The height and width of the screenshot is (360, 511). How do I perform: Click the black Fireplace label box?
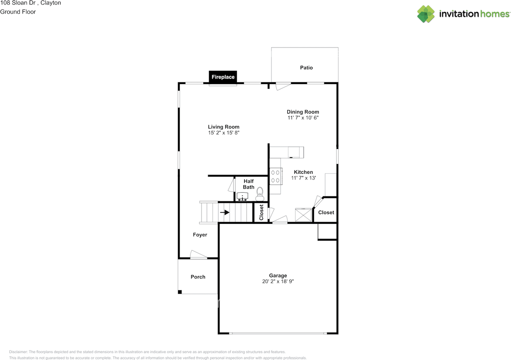[x=223, y=77]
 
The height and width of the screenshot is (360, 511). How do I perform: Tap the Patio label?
[x=306, y=68]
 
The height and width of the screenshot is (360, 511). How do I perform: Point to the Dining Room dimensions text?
[x=303, y=118]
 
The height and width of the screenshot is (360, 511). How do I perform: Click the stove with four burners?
[x=275, y=176]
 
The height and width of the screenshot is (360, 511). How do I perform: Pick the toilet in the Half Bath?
[x=260, y=194]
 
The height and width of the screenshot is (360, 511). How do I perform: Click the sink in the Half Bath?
[x=242, y=197]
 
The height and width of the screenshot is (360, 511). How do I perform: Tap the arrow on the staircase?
[x=225, y=212]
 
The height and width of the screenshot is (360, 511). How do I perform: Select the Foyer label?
[x=200, y=235]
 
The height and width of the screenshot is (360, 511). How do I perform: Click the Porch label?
[x=198, y=277]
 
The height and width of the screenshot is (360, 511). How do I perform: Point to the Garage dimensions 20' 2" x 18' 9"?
[x=278, y=281]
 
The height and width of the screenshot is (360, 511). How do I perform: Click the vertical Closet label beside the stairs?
[x=261, y=213]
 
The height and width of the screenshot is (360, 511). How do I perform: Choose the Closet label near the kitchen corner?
[x=326, y=213]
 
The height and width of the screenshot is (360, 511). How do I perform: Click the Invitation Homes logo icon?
[x=426, y=14]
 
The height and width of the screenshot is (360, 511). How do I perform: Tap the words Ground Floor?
[x=18, y=12]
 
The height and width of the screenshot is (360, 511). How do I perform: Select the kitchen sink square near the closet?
[x=303, y=215]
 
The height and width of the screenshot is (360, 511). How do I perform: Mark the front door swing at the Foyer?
[x=198, y=255]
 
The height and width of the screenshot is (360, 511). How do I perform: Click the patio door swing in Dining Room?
[x=284, y=86]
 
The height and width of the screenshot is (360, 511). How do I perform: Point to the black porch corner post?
[x=180, y=292]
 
